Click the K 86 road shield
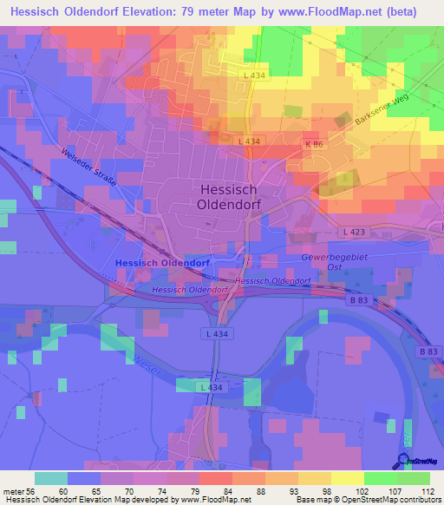[313, 142]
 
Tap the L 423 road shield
[354, 232]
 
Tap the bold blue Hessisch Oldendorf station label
[161, 263]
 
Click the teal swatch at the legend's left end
[51, 478]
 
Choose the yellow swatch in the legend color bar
[347, 478]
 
